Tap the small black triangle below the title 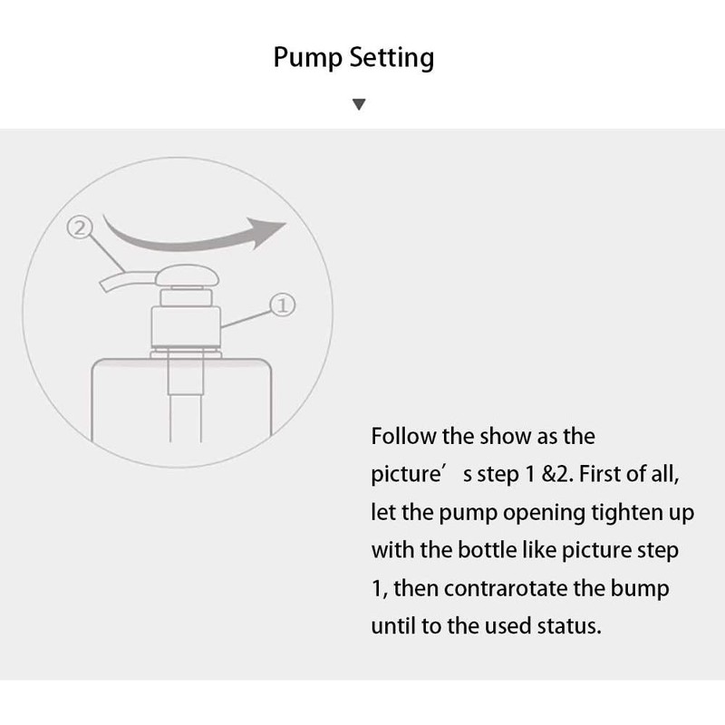359,105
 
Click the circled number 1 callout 281,306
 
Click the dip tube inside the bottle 186,399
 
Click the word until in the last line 391,626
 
